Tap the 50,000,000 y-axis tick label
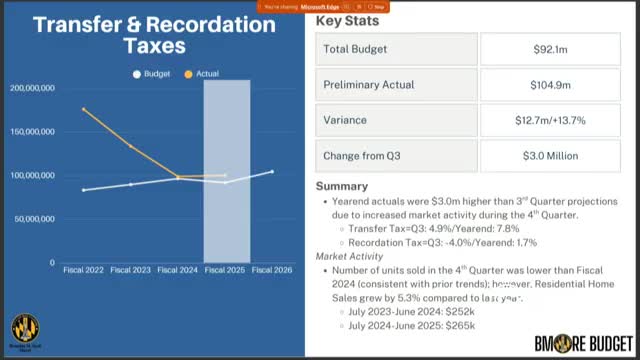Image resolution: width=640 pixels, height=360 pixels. [35, 218]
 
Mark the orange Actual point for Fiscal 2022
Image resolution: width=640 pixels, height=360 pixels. [84, 109]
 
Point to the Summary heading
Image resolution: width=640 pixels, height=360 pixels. [342, 186]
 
